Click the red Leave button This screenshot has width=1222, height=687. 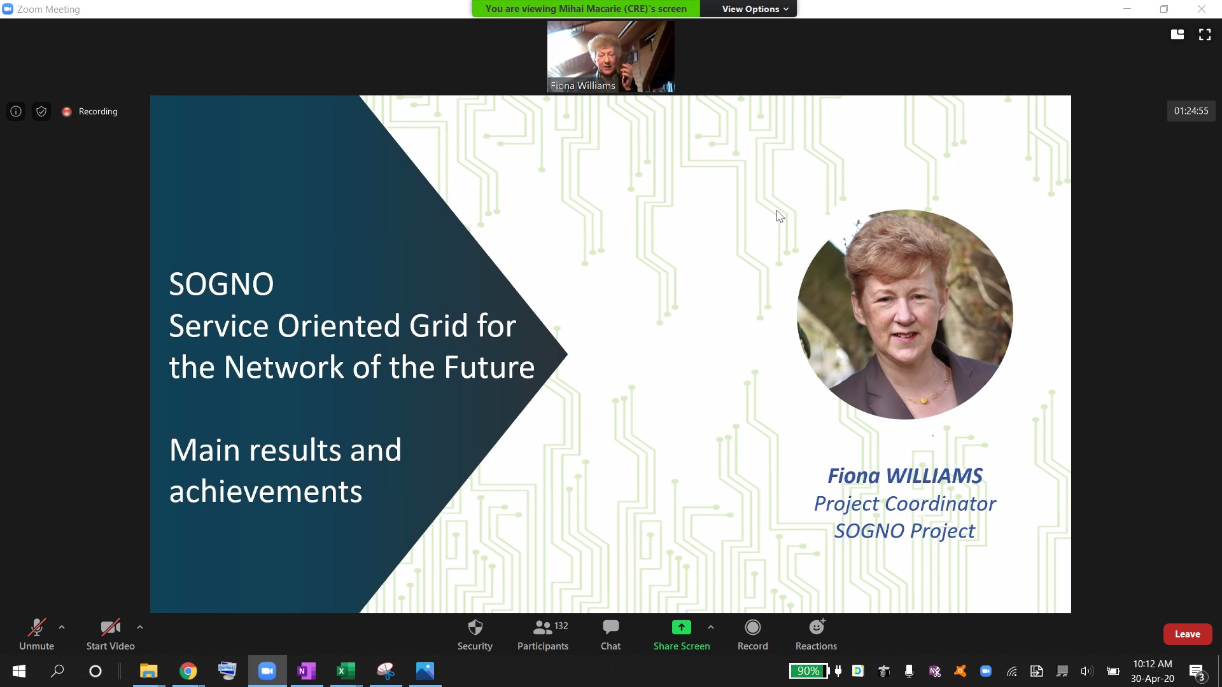coord(1187,634)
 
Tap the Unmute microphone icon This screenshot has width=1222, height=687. coord(36,628)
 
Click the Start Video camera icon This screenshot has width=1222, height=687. coord(110,628)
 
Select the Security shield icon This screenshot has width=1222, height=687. coord(475,628)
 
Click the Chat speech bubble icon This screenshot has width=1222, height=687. coord(610,627)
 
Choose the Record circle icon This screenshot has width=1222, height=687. coord(753,628)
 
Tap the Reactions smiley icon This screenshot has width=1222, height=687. coord(817,627)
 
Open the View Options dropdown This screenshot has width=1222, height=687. coord(755,9)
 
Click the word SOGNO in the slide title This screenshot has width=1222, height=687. coord(221,284)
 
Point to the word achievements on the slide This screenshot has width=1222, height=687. coord(265,492)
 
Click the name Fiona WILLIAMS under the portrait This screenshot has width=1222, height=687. coord(904,475)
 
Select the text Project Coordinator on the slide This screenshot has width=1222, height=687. coord(904,503)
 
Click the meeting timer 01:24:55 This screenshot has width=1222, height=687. coord(1191,111)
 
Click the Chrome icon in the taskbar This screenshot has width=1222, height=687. coord(188,671)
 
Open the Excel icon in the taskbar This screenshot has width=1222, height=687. coord(346,671)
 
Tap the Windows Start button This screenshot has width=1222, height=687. coord(19,671)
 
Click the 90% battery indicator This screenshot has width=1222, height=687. coord(809,671)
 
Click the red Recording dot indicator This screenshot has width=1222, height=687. coord(66,111)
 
